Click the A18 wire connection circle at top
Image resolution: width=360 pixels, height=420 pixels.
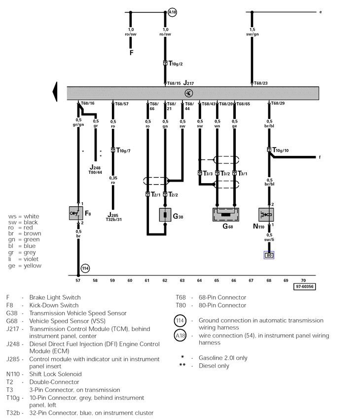coord(172,11)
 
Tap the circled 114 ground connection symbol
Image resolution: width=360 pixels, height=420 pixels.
coord(84,268)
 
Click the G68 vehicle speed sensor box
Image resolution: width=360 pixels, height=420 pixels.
coord(226,215)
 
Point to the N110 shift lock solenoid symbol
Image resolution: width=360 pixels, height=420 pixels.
coord(266,215)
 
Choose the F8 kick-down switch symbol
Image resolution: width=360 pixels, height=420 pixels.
coord(76,213)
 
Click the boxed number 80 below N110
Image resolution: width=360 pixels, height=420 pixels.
coord(269,255)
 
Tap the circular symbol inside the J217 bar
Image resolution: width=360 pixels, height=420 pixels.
coord(188,93)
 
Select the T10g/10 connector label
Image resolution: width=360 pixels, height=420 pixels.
coord(280,150)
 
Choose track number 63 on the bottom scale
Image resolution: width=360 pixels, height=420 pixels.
coord(182,280)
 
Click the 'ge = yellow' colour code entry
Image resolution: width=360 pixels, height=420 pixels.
coord(25,266)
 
